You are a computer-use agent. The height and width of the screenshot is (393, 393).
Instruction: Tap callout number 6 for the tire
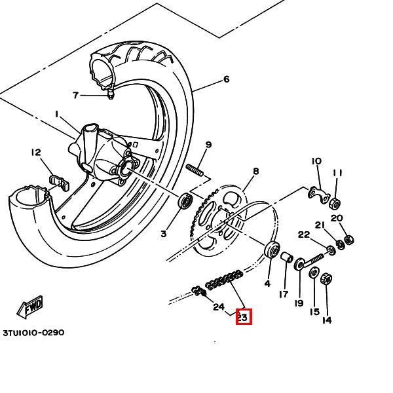(x=227, y=80)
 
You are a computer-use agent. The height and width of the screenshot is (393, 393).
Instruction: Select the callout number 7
(x=76, y=96)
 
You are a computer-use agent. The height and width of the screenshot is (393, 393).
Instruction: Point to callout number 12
(x=35, y=153)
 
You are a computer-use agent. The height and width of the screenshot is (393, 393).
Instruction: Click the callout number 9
(x=208, y=145)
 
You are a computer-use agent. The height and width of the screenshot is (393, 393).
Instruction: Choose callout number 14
(x=326, y=320)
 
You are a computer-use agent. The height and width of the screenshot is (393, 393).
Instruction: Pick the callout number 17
(x=284, y=295)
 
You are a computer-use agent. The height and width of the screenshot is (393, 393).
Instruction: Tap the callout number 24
(x=219, y=307)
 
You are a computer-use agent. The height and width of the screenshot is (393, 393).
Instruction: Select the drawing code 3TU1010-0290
(x=33, y=333)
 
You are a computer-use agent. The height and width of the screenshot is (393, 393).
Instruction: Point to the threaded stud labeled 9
(x=195, y=172)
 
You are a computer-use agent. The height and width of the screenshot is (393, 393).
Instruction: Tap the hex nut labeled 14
(x=325, y=279)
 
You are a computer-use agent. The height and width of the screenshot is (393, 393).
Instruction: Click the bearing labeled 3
(x=185, y=200)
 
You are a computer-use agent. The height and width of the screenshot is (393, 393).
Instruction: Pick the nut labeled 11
(x=335, y=202)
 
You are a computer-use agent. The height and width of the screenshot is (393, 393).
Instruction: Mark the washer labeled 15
(x=314, y=272)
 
